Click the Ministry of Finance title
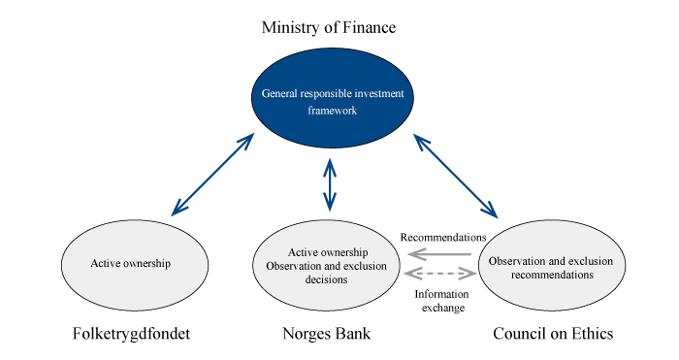[329, 27]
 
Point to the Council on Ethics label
[553, 335]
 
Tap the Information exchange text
[441, 300]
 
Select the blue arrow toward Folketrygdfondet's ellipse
[211, 174]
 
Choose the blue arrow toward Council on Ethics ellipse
[454, 175]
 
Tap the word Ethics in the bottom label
[592, 335]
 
